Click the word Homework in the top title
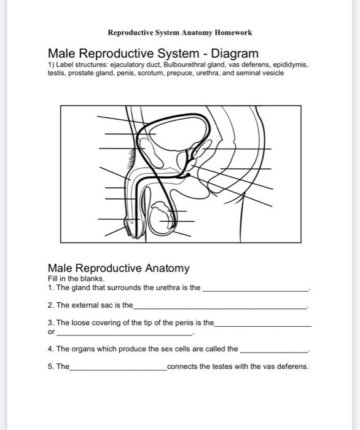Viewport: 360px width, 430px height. (x=233, y=33)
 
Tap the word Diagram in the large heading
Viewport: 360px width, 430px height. (x=235, y=53)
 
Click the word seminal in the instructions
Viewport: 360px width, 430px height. (x=251, y=73)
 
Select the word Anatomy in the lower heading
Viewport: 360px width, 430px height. (x=167, y=268)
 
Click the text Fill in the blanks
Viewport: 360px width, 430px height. (x=76, y=279)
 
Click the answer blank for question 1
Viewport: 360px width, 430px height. (x=256, y=291)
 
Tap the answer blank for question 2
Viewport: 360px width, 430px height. (x=220, y=308)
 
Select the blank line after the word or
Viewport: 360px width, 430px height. (x=125, y=335)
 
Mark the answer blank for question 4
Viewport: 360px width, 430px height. (x=274, y=352)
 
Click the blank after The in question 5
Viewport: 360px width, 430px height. (x=118, y=370)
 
